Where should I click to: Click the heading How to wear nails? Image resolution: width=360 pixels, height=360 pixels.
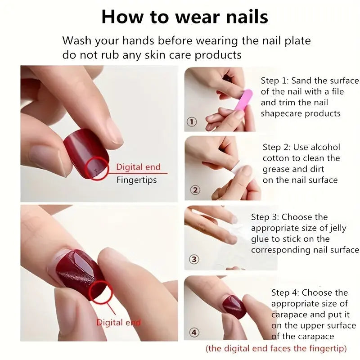coord(184,17)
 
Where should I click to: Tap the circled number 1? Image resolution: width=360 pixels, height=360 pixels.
coord(192,122)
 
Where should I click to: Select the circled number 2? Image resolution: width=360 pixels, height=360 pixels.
coord(195,190)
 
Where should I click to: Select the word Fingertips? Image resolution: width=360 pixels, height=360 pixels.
coord(136,180)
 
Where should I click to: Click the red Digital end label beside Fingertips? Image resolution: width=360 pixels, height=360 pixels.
coord(138,167)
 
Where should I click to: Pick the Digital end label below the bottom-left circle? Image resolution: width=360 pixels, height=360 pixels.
coord(118,322)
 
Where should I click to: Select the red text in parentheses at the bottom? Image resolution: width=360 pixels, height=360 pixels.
coord(276,348)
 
